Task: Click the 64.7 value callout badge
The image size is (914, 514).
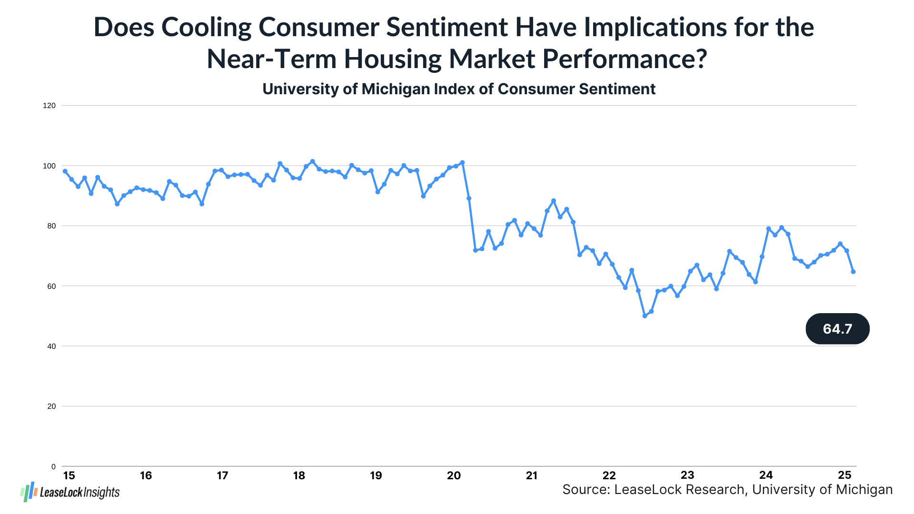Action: pyautogui.click(x=837, y=329)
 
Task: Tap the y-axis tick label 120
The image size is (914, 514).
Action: pyautogui.click(x=49, y=106)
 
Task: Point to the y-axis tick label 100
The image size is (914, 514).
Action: pyautogui.click(x=49, y=166)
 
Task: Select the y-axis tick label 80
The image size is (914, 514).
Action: pyautogui.click(x=51, y=226)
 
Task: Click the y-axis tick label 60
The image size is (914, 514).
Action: pyautogui.click(x=51, y=286)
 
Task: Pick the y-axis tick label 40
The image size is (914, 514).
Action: pyautogui.click(x=51, y=346)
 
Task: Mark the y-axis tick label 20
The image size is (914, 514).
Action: pyautogui.click(x=51, y=406)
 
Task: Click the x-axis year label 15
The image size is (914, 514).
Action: pyautogui.click(x=69, y=475)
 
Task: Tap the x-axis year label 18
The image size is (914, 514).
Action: pyautogui.click(x=299, y=475)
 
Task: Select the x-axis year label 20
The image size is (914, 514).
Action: pyautogui.click(x=454, y=475)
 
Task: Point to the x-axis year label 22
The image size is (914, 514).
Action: pyautogui.click(x=609, y=475)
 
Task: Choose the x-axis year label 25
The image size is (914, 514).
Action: pyautogui.click(x=844, y=475)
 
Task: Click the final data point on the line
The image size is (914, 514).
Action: pyautogui.click(x=853, y=272)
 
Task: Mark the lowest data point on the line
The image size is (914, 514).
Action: pyautogui.click(x=645, y=316)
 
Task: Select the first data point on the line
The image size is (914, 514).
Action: pyautogui.click(x=65, y=171)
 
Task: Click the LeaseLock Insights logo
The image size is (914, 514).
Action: pyautogui.click(x=70, y=492)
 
